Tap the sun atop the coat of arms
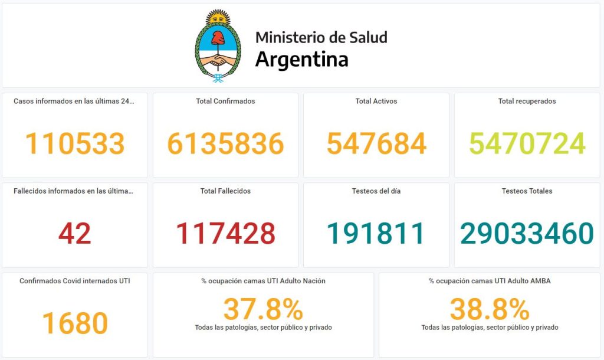[x=218, y=17]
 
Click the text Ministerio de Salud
[x=321, y=37]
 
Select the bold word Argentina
[x=301, y=60]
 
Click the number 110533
[x=75, y=143]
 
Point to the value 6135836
[x=225, y=143]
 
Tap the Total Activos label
[x=376, y=101]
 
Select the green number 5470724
[x=527, y=143]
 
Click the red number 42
[x=75, y=233]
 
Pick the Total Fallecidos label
[x=225, y=191]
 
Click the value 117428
[x=225, y=233]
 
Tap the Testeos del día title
[x=376, y=191]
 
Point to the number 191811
[x=376, y=233]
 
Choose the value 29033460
[x=527, y=233]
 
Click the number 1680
[x=75, y=323]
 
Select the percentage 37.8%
[x=263, y=309]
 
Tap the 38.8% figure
[x=490, y=309]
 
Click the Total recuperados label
[x=527, y=101]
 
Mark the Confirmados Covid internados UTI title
[x=75, y=281]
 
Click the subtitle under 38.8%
[x=490, y=327]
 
